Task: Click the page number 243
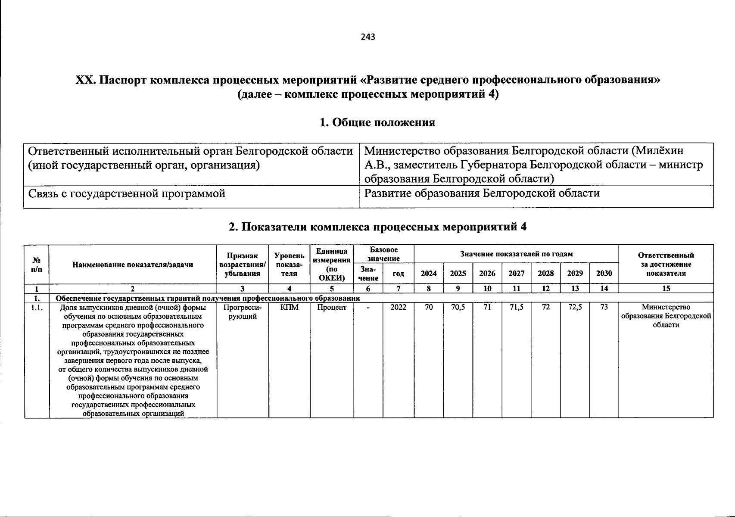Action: coord(368,37)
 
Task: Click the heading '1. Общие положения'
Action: coord(377,123)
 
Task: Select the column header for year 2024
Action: coord(428,274)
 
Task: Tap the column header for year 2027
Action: coord(516,274)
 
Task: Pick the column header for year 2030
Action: coord(604,274)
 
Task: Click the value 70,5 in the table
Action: coord(458,308)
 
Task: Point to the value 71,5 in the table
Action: coord(516,308)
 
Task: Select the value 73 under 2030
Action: coord(604,308)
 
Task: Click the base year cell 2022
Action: coord(398,308)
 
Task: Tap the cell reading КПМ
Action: coord(289,308)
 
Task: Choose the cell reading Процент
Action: coord(332,308)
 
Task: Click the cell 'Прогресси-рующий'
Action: coord(243,312)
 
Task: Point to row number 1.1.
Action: coord(37,308)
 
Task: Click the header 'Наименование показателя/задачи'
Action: coord(133,265)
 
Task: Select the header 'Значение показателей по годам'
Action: coord(516,254)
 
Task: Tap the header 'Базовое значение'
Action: coord(383,254)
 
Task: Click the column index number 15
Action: coord(666,289)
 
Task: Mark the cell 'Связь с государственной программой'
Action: coord(127,194)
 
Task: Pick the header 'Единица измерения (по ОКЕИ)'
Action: coord(332,264)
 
